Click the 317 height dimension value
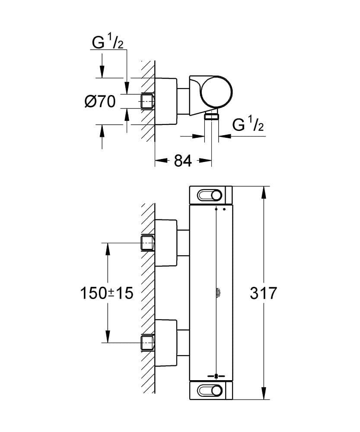[x=263, y=293]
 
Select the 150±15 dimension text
[x=106, y=293]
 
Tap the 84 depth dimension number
[x=183, y=161]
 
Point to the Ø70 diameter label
[x=100, y=102]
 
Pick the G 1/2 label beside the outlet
[x=248, y=125]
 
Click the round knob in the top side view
[x=216, y=92]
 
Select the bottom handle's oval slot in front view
[x=211, y=391]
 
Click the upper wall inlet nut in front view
[x=148, y=243]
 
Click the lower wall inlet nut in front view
[x=148, y=343]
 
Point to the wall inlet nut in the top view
[x=148, y=101]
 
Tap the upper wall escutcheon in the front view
[x=166, y=243]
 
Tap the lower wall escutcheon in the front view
[x=166, y=343]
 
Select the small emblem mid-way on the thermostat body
[x=216, y=293]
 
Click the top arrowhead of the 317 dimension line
[x=264, y=191]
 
